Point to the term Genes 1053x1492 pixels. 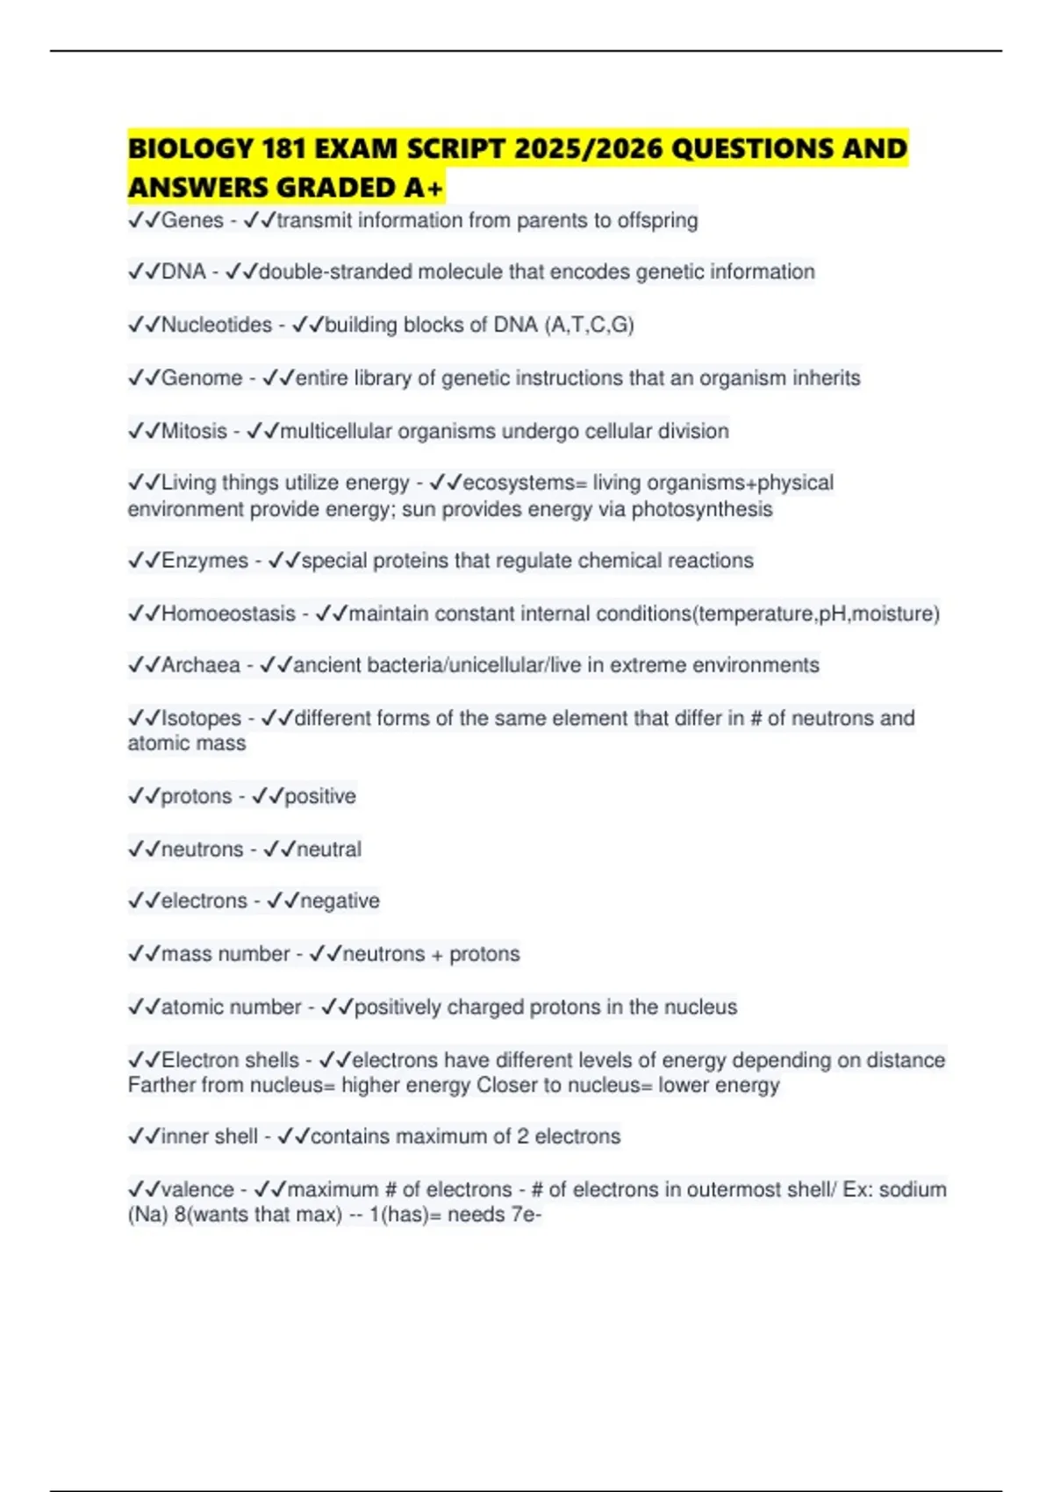pyautogui.click(x=192, y=220)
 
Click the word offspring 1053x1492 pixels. pyautogui.click(x=657, y=220)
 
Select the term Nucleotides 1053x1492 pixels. pyautogui.click(x=217, y=326)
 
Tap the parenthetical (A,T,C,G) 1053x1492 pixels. pyautogui.click(x=589, y=326)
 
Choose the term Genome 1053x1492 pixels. pyautogui.click(x=202, y=378)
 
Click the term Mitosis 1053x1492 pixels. pyautogui.click(x=194, y=431)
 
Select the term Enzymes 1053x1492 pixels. pyautogui.click(x=204, y=561)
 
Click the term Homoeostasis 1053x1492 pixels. pyautogui.click(x=228, y=613)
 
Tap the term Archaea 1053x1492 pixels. pyautogui.click(x=200, y=665)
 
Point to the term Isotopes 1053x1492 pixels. pyautogui.click(x=201, y=718)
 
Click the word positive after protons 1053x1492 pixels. pyautogui.click(x=320, y=796)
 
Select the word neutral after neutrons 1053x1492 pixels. pyautogui.click(x=329, y=850)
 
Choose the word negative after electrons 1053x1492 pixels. pyautogui.click(x=340, y=901)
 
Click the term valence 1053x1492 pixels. pyautogui.click(x=197, y=1190)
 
